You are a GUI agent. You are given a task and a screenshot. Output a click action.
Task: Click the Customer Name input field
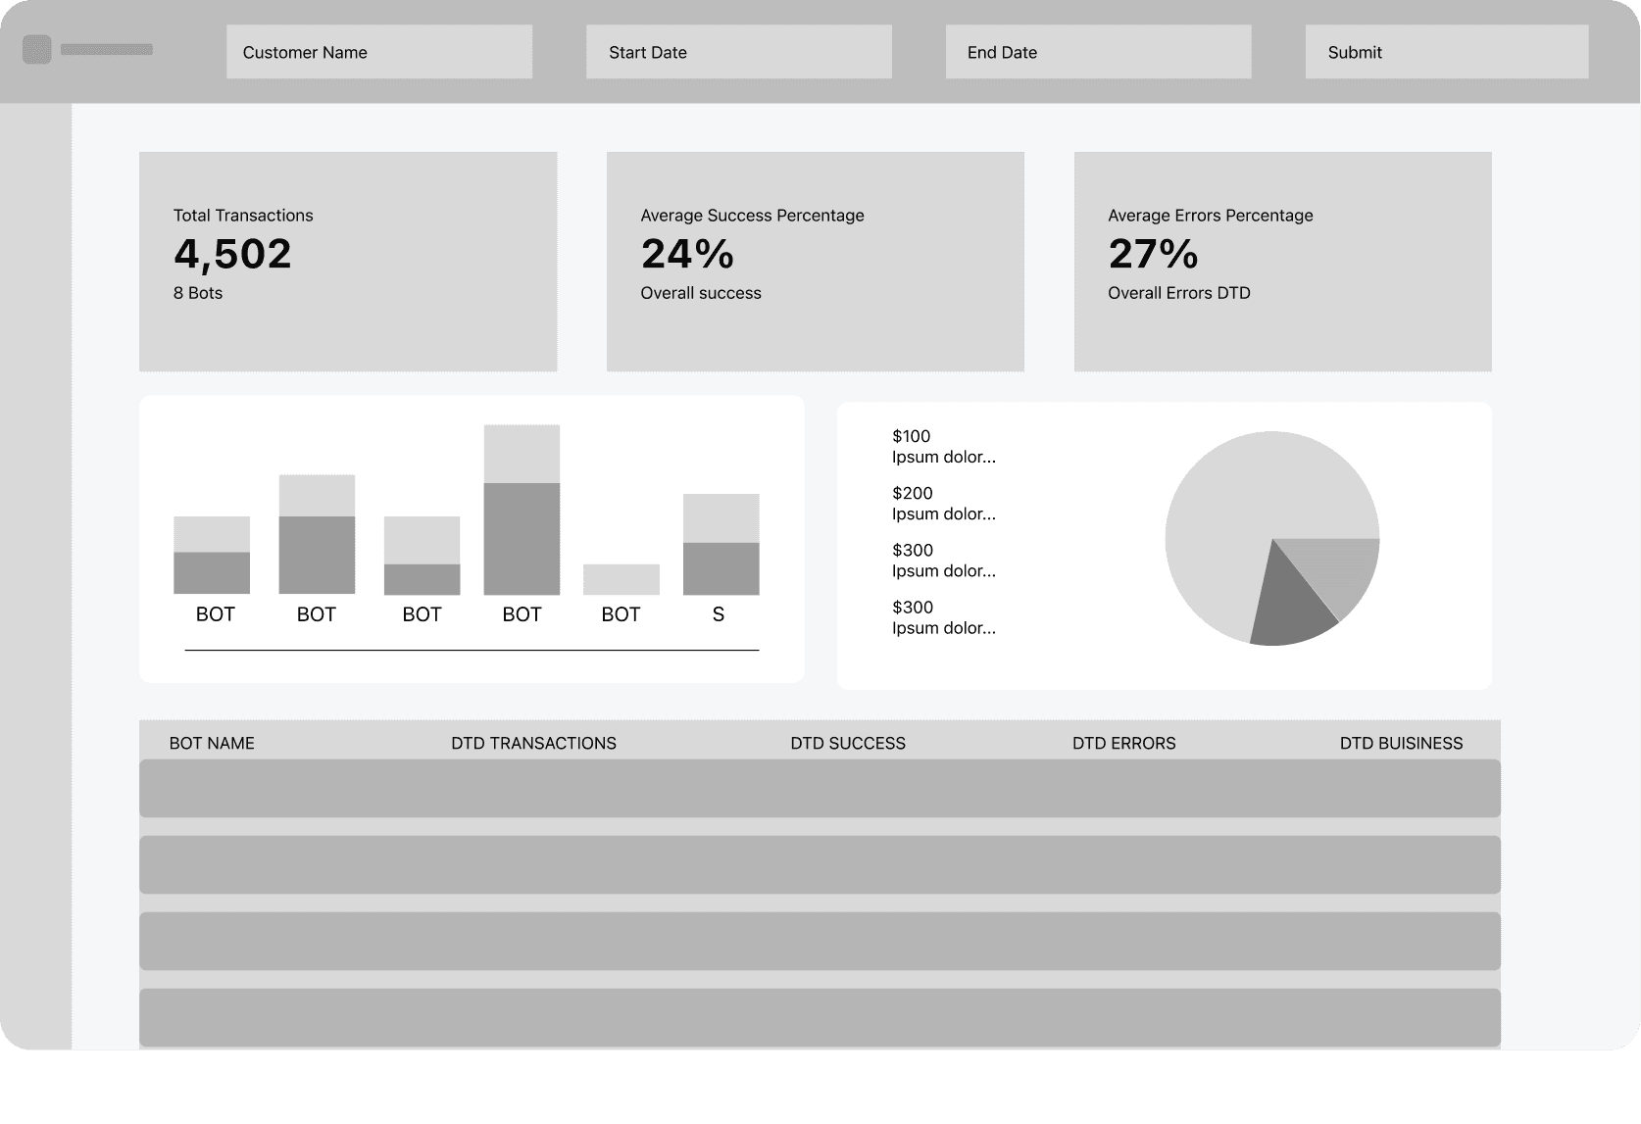(x=379, y=52)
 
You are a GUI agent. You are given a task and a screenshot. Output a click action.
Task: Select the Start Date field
(x=739, y=52)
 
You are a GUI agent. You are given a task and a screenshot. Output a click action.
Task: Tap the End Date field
(x=1098, y=52)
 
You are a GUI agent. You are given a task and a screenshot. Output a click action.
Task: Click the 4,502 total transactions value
(x=232, y=254)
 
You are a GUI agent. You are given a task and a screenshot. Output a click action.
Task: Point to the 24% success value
(x=687, y=254)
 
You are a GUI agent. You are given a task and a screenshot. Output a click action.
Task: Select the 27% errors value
(x=1153, y=254)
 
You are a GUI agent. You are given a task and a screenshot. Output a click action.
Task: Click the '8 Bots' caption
(x=198, y=293)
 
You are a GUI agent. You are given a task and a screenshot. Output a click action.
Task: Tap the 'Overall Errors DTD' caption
(x=1178, y=293)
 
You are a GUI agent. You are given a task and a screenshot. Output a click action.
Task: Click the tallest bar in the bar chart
(x=522, y=510)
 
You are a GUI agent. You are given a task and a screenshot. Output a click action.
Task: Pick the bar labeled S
(x=721, y=544)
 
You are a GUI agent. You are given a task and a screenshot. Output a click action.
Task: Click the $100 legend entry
(x=944, y=446)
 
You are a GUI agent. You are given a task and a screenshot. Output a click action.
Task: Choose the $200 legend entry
(x=944, y=503)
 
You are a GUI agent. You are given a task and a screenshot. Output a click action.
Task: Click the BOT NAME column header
(x=212, y=743)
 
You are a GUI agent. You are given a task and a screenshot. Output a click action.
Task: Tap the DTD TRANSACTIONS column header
(x=533, y=743)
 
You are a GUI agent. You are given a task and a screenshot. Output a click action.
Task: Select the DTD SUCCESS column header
(x=848, y=743)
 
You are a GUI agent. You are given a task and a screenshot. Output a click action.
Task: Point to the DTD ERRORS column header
(x=1123, y=743)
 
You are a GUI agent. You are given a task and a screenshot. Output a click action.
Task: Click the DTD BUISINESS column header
(x=1401, y=743)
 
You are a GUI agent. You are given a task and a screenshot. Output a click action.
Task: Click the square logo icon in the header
(x=36, y=50)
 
